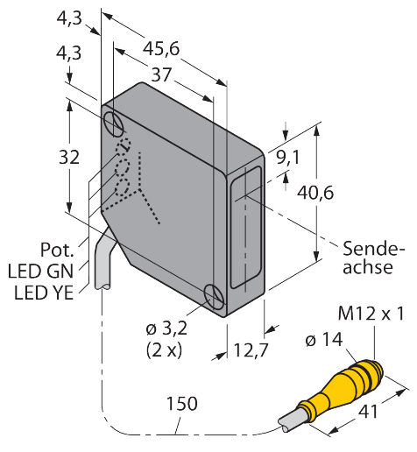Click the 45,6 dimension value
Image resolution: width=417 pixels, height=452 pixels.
click(x=161, y=49)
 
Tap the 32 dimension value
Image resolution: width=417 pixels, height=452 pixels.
click(x=69, y=158)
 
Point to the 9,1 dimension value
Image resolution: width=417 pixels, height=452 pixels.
click(x=300, y=159)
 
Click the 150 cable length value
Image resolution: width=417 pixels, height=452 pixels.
click(x=181, y=404)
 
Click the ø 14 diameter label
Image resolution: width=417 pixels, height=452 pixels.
click(x=322, y=340)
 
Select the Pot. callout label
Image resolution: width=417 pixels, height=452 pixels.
click(x=57, y=249)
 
